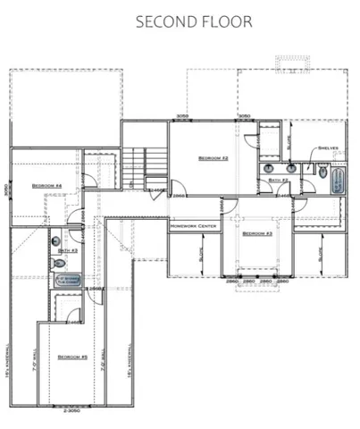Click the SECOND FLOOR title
tap(194, 21)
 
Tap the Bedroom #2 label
tap(213, 157)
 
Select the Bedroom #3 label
tap(257, 232)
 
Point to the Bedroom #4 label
tap(46, 186)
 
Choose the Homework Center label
tap(194, 226)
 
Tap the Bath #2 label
tap(277, 180)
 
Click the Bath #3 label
tap(69, 250)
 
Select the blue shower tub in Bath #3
tap(69, 280)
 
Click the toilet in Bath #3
tap(56, 240)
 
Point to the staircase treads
tap(134, 166)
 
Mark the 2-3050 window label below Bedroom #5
tap(71, 411)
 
